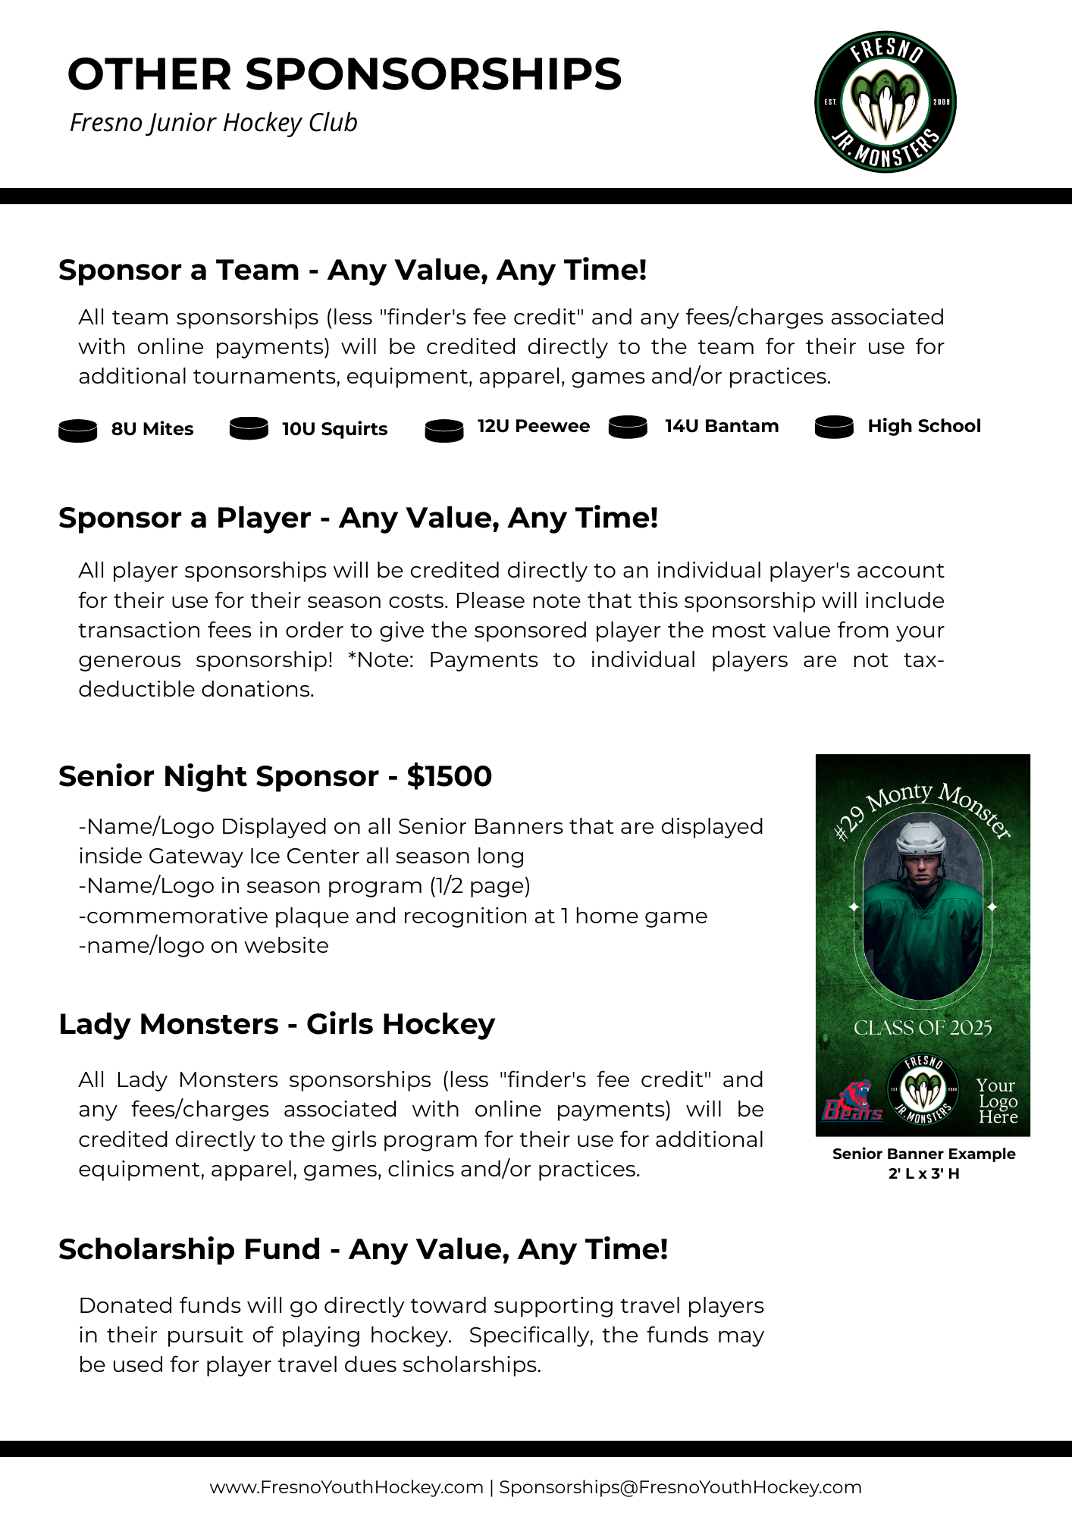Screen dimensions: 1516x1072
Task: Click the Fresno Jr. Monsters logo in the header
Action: click(885, 102)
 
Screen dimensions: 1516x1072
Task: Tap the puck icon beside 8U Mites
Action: click(78, 431)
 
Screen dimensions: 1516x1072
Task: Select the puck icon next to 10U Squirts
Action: click(249, 428)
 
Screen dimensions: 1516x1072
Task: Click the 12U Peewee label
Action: click(533, 426)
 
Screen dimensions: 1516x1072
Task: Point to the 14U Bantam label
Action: click(722, 426)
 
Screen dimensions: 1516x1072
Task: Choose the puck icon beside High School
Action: click(834, 427)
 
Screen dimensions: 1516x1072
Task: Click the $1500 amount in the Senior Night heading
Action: click(450, 776)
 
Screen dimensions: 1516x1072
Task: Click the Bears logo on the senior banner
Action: click(852, 1102)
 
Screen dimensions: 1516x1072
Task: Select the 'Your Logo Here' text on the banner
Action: click(997, 1101)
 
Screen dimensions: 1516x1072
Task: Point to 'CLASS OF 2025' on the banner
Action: click(923, 1028)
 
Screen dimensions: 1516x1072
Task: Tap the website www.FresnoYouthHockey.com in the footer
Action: click(346, 1487)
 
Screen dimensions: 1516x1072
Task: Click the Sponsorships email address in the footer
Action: click(680, 1487)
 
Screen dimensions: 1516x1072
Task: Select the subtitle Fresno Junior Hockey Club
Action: click(213, 123)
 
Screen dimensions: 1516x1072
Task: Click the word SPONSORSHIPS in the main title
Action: click(433, 74)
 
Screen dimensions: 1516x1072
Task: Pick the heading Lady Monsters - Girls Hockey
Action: click(277, 1024)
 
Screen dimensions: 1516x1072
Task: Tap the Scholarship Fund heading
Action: click(363, 1249)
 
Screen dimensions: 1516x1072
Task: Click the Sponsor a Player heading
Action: click(358, 518)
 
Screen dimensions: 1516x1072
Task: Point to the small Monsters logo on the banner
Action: click(923, 1089)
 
